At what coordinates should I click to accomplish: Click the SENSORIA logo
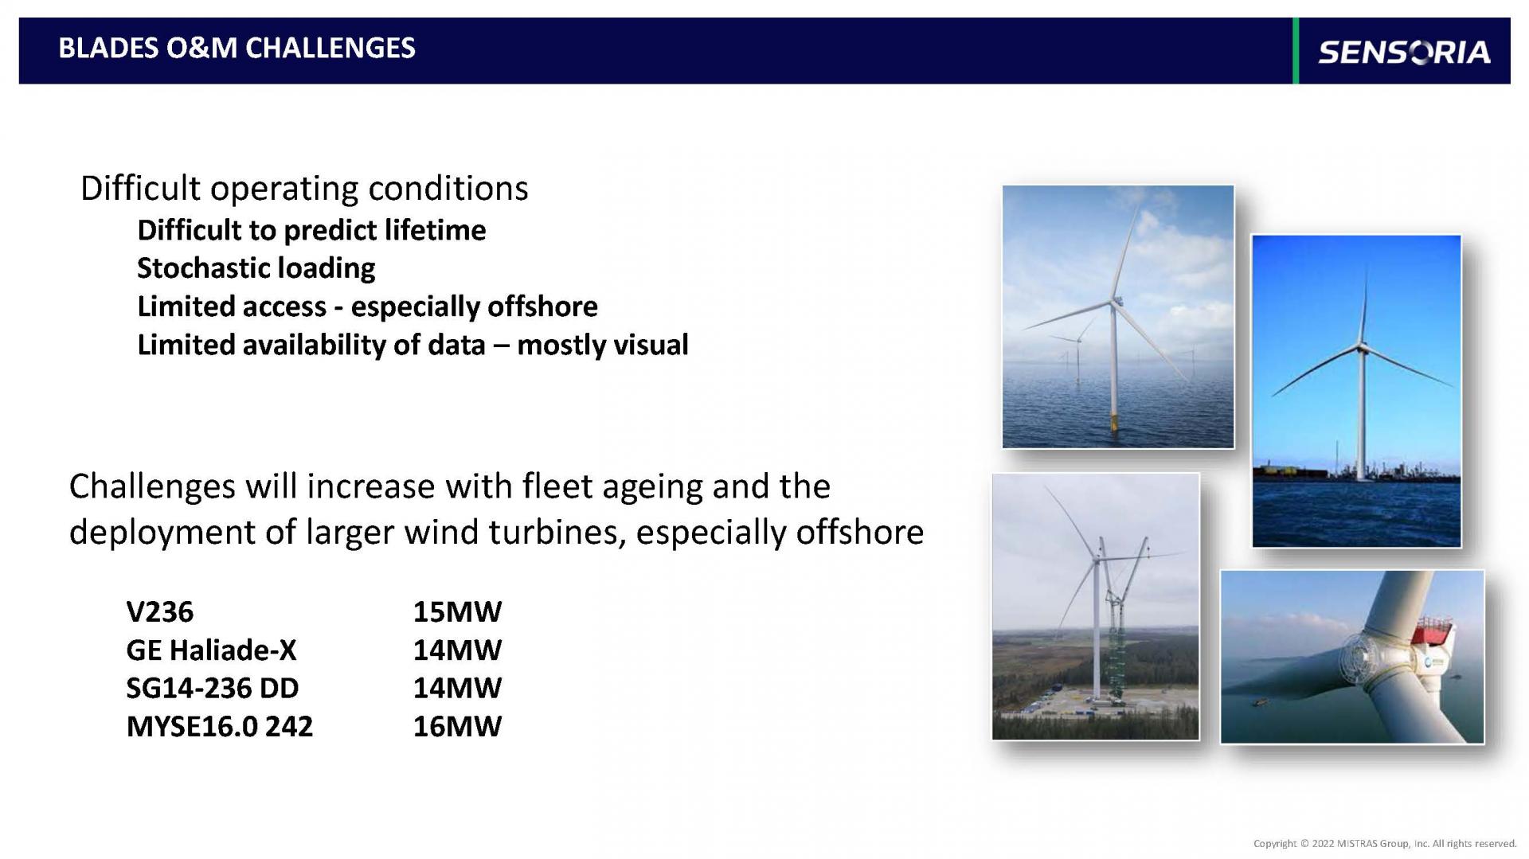(1404, 52)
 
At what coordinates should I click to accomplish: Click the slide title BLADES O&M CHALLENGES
(237, 48)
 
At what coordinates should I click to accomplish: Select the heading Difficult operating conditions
(304, 189)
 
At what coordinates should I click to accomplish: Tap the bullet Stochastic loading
(256, 268)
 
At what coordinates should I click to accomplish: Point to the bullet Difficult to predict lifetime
(311, 230)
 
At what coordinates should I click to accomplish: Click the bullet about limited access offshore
(367, 307)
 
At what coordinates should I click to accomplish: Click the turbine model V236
(160, 611)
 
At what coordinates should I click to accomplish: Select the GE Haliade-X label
(211, 650)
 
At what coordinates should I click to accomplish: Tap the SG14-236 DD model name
(213, 688)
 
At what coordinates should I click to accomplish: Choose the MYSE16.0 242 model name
(220, 726)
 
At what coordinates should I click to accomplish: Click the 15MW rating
(457, 611)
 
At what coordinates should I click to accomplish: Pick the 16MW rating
(457, 726)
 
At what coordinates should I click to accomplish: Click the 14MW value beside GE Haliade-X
(457, 650)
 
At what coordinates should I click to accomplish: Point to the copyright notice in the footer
(1385, 843)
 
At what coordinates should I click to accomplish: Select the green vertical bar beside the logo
(1296, 51)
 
